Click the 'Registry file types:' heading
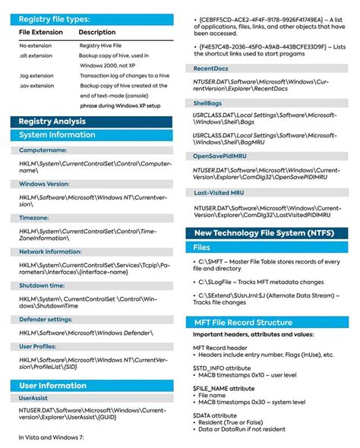[54, 19]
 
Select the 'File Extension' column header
[40, 33]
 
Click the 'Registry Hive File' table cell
[102, 46]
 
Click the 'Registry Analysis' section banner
[52, 121]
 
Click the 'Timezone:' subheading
[34, 217]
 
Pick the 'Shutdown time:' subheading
[42, 285]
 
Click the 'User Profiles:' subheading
[39, 346]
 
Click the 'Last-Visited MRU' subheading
[221, 193]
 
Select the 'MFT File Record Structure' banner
[243, 322]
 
